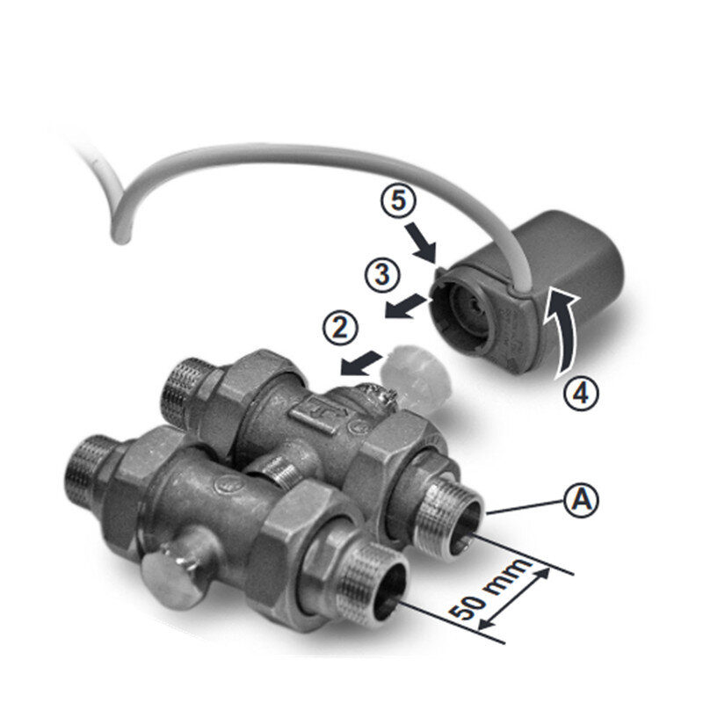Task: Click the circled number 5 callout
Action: click(x=399, y=200)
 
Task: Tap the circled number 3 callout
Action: click(x=382, y=274)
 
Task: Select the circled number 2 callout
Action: click(x=340, y=328)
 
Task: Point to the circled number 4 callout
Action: click(x=581, y=394)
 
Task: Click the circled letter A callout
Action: click(x=582, y=500)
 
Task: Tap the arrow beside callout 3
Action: click(x=405, y=306)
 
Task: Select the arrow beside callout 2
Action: click(x=361, y=363)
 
